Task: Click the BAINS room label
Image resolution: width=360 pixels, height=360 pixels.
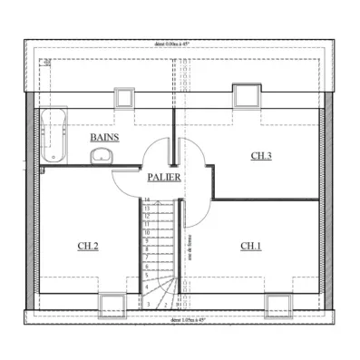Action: click(103, 136)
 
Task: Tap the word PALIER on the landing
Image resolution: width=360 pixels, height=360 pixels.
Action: click(163, 178)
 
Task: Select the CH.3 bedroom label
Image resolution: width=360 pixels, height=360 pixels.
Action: click(260, 156)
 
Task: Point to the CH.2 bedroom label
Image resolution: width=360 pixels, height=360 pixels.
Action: click(88, 246)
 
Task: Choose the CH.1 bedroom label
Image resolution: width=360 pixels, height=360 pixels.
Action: click(251, 246)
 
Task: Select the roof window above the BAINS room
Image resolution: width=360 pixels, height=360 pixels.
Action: click(124, 96)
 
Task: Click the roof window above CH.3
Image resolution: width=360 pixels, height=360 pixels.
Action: click(244, 94)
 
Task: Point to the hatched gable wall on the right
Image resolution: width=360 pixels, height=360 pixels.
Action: click(328, 199)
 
